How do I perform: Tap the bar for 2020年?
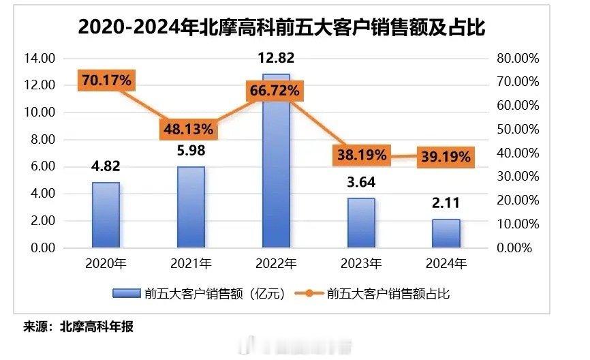[x=106, y=215]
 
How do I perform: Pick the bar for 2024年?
[x=446, y=233]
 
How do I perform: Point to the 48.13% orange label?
[x=189, y=128]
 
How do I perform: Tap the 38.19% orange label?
[x=360, y=155]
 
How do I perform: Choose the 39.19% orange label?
[x=445, y=157]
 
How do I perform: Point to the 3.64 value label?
[x=361, y=183]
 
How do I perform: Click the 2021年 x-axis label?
[x=191, y=263]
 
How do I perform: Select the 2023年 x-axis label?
[x=361, y=263]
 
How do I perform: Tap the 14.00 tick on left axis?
[x=39, y=59]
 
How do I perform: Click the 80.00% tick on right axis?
[x=518, y=59]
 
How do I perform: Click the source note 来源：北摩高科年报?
[x=78, y=327]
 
